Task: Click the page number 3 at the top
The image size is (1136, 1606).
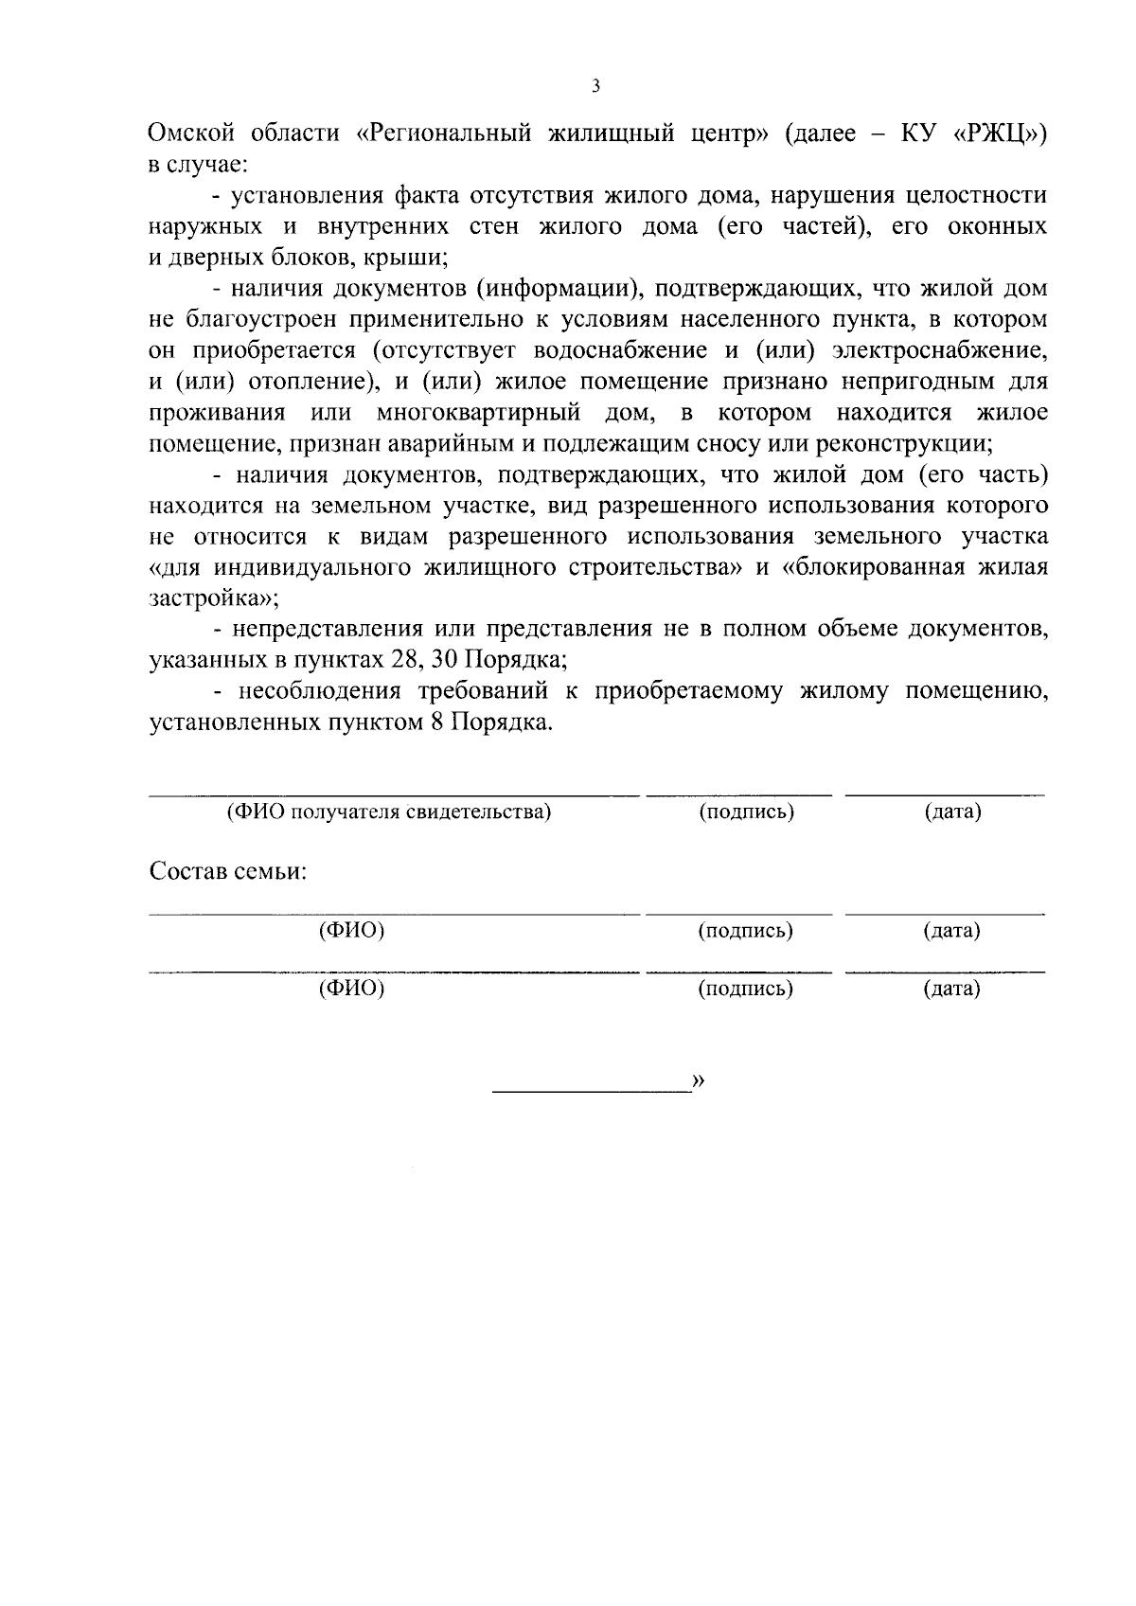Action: (x=595, y=86)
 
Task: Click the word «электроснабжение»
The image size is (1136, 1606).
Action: (x=939, y=350)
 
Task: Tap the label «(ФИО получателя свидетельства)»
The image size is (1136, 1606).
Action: (x=389, y=812)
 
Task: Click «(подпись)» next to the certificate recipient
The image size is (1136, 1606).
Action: (x=745, y=812)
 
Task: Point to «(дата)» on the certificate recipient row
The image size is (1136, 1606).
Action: (x=952, y=812)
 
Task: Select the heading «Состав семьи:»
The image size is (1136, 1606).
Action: (x=228, y=871)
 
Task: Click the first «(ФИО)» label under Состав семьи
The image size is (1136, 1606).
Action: (x=351, y=931)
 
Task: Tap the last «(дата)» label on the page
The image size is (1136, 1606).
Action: (x=951, y=990)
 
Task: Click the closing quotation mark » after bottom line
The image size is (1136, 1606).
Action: (x=699, y=1081)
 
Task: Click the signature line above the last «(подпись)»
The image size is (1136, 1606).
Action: (x=738, y=973)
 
